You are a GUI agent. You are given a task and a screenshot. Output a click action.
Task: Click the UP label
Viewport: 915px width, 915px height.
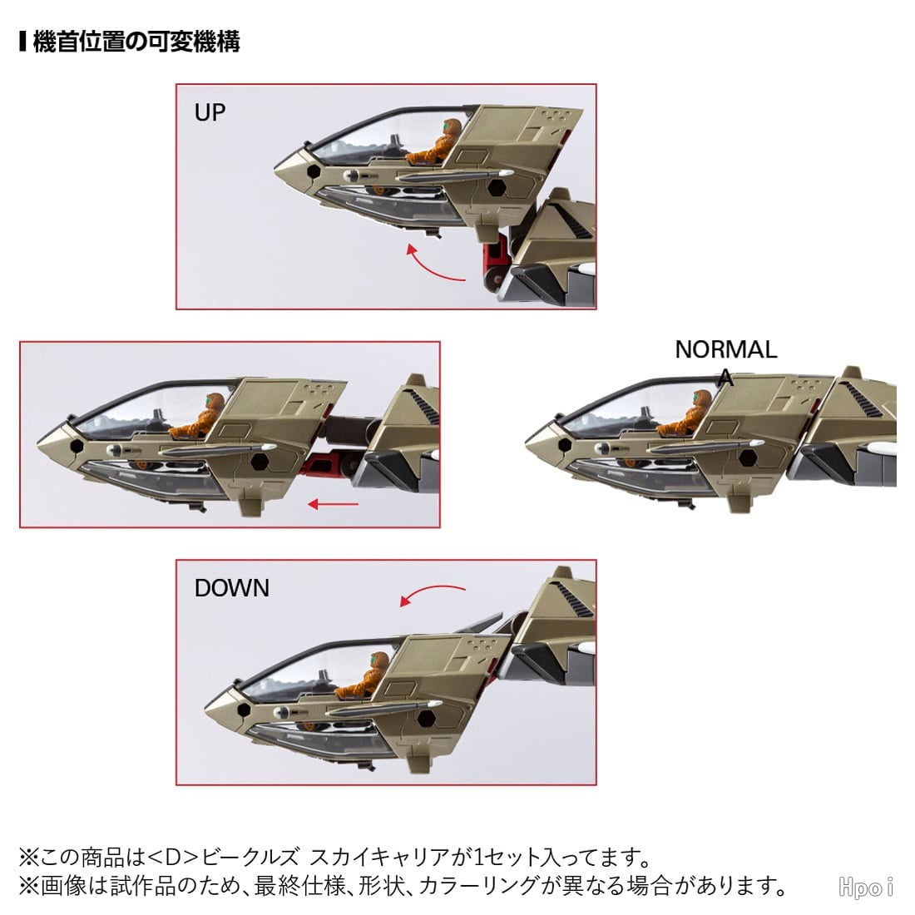210,112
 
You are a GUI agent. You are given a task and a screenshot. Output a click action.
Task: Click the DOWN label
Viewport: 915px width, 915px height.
232,587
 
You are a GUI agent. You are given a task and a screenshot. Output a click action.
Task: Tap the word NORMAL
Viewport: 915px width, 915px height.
726,349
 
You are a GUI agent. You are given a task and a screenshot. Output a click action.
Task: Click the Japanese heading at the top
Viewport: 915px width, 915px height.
136,42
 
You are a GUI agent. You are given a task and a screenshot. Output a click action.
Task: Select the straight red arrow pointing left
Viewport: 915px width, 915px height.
333,504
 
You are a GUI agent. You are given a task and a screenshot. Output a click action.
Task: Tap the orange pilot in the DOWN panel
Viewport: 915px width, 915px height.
363,675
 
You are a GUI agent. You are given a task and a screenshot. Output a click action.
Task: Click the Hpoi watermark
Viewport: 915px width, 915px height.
866,887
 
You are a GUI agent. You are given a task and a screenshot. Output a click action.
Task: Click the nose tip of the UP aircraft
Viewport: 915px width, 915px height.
275,171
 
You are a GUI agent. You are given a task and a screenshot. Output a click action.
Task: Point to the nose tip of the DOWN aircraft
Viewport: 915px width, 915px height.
205,709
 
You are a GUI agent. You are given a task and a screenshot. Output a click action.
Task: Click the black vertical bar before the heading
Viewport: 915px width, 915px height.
22,42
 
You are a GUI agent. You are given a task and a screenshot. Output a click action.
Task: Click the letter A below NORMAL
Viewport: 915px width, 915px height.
726,378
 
